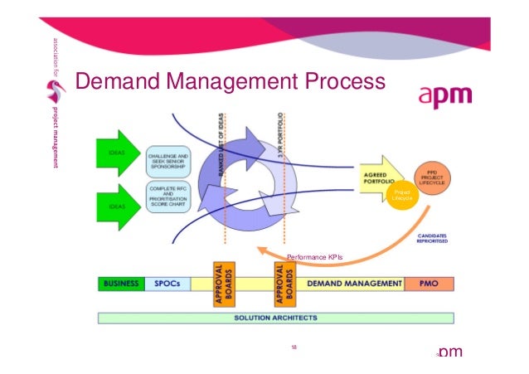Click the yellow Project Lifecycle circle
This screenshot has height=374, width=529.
(402, 196)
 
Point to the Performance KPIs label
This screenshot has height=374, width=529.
(314, 257)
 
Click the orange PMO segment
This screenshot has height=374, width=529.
(425, 284)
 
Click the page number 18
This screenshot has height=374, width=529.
(294, 347)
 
